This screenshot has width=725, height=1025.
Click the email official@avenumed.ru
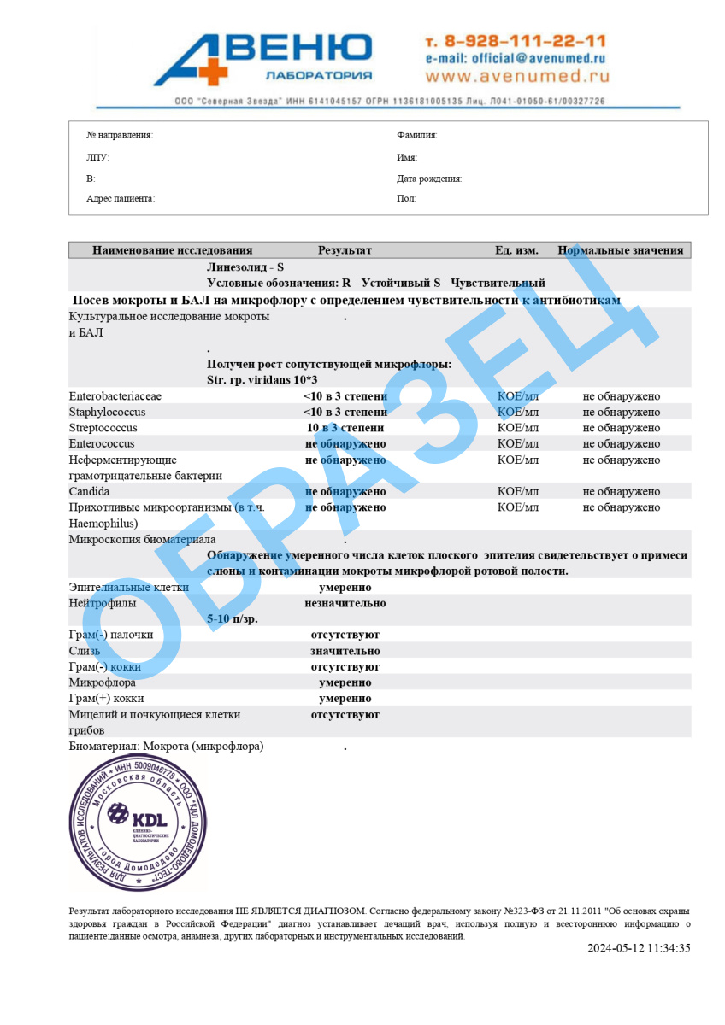click(515, 59)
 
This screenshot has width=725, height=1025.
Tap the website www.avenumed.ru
click(516, 76)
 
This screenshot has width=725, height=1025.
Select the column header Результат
click(345, 250)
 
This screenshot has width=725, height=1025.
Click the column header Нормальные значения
click(621, 250)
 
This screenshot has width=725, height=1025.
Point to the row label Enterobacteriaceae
click(115, 396)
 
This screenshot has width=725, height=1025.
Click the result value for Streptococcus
click(345, 428)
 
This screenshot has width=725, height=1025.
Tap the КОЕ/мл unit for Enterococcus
click(517, 443)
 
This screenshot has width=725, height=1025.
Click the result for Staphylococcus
click(345, 412)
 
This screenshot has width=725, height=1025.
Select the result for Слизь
click(345, 651)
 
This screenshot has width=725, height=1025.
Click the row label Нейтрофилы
click(102, 603)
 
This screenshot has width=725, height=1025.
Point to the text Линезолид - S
click(245, 267)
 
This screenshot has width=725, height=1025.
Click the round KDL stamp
click(138, 823)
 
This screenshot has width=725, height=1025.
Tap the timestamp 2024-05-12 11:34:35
click(638, 948)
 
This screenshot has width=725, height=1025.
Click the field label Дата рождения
click(429, 179)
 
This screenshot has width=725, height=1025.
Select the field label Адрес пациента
click(121, 198)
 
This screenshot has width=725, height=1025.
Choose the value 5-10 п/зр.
click(232, 618)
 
